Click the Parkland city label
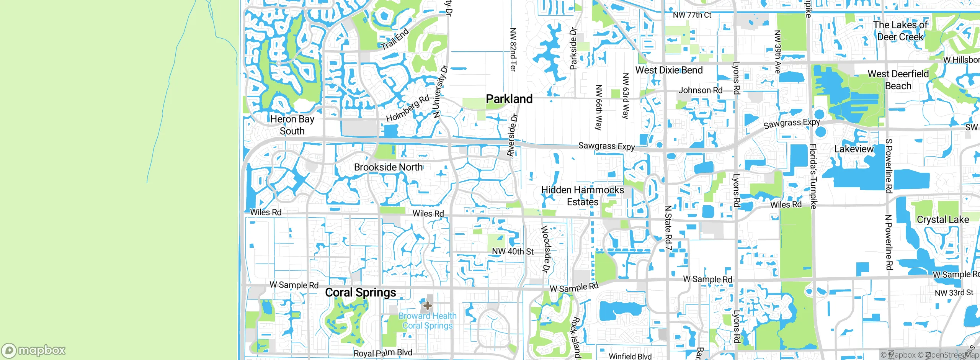509,99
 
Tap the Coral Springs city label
360,293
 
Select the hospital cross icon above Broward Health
428,306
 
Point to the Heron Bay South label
292,125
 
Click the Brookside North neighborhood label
388,167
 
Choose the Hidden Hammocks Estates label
582,196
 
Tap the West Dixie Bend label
669,70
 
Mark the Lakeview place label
854,149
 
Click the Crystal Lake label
942,219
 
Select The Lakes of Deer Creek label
900,31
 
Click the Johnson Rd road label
700,90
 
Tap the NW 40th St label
513,251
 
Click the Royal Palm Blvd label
382,353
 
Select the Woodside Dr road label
545,249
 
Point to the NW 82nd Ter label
513,49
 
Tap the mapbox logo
34,350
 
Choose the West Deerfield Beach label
898,80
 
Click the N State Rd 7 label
668,228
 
